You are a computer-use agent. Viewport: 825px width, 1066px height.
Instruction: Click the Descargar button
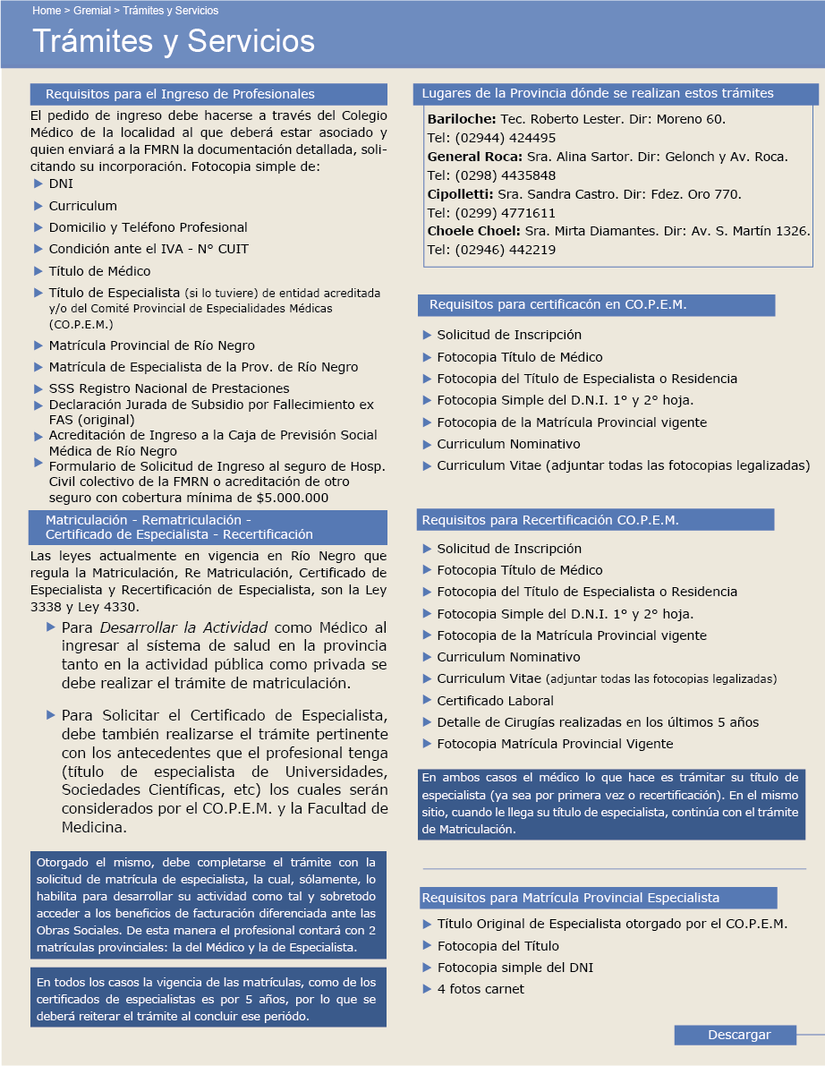(738, 1035)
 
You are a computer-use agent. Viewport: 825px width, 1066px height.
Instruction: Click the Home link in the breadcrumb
(47, 11)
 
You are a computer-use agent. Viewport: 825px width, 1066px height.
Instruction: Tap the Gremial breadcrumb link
(92, 11)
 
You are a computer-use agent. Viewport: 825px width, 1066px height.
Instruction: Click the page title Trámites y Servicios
(174, 42)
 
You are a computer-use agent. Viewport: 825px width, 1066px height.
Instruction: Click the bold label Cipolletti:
(460, 193)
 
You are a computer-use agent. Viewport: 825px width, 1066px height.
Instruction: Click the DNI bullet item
(61, 183)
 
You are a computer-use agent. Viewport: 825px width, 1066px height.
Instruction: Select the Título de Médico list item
(99, 271)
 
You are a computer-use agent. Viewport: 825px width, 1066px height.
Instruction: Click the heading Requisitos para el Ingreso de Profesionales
(180, 94)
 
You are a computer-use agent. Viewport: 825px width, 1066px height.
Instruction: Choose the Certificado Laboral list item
(495, 701)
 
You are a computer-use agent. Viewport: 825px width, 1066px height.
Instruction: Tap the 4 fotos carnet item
(481, 989)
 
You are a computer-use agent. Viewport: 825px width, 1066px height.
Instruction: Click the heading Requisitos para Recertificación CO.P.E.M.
(550, 520)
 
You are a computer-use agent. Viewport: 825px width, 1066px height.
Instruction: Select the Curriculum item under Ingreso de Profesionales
(82, 206)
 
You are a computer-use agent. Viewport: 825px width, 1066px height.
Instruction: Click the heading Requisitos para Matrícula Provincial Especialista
(570, 898)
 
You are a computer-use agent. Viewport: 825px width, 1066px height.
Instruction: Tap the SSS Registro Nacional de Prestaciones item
(169, 388)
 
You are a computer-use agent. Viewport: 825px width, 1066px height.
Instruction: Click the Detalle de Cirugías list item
(598, 722)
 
